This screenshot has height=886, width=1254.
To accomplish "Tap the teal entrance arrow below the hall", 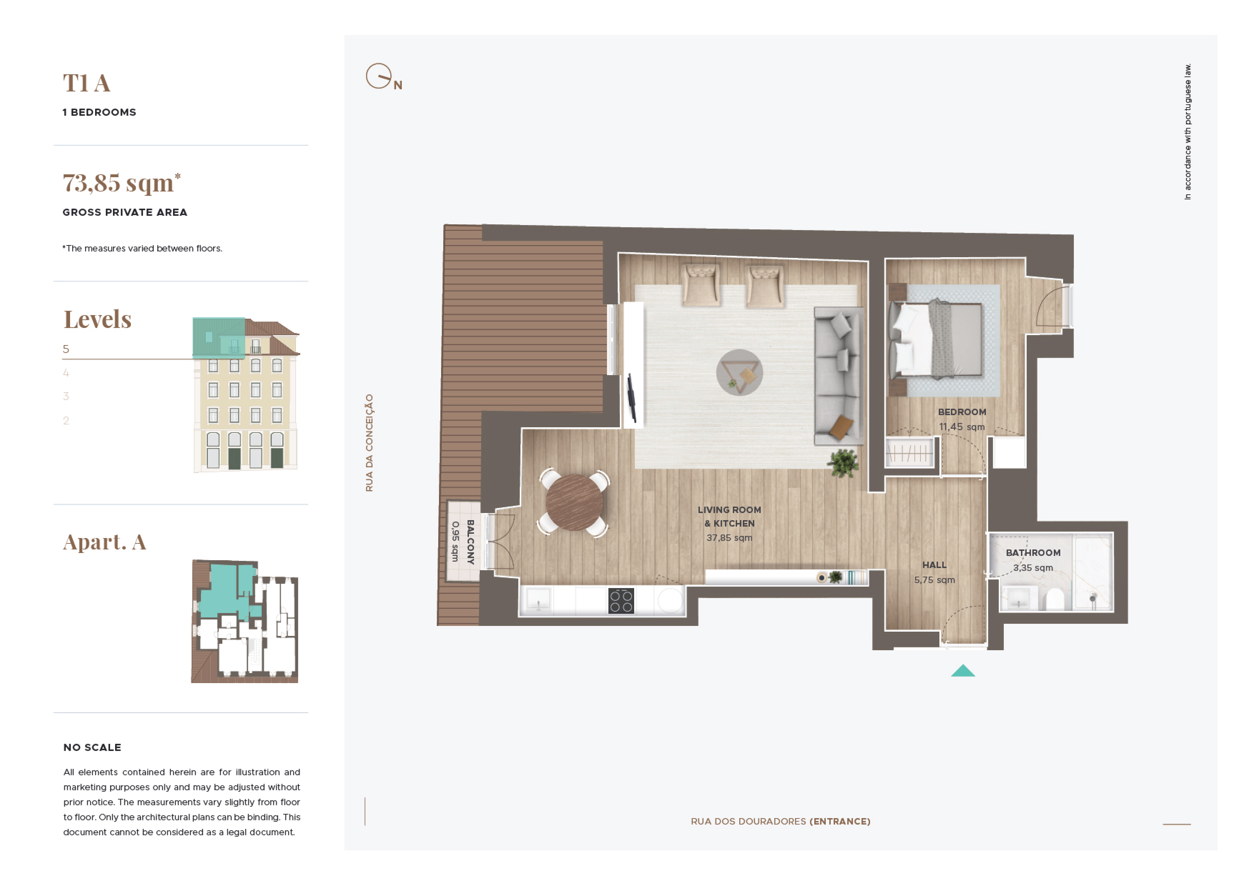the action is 963,671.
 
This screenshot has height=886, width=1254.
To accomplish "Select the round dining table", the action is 574,502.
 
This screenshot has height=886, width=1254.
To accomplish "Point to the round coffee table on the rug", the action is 740,372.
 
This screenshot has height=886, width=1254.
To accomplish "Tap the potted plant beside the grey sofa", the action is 843,463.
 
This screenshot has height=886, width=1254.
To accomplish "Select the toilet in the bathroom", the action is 1055,599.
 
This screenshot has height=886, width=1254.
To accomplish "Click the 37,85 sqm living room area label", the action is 729,538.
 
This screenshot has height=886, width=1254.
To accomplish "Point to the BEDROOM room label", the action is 962,412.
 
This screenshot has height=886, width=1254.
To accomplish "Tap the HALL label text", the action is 934,565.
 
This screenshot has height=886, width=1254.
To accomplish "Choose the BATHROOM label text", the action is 1033,553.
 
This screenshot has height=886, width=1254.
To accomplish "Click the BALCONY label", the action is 470,542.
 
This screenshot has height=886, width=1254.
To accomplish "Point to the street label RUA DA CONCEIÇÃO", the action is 370,443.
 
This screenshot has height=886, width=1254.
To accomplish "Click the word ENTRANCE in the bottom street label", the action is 840,822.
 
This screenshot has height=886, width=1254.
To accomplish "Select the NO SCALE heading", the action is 92,748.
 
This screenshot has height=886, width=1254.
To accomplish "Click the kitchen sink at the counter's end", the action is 538,601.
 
